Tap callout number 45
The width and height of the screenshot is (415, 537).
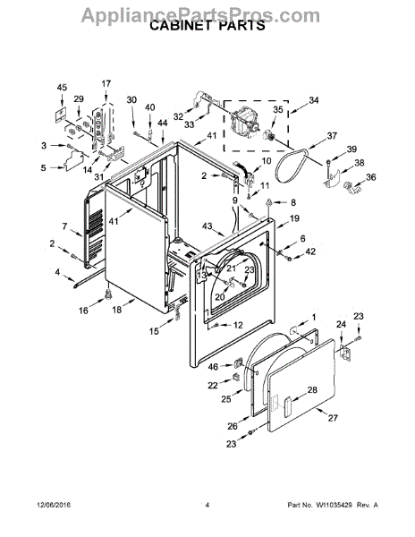click(62, 88)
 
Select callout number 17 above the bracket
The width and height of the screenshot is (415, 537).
click(106, 83)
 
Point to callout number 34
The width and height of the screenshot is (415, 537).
click(314, 100)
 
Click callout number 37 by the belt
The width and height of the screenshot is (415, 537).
click(332, 136)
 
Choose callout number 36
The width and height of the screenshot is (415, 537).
click(370, 177)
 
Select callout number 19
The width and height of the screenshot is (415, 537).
click(294, 218)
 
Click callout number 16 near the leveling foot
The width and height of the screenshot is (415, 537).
click(83, 311)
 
